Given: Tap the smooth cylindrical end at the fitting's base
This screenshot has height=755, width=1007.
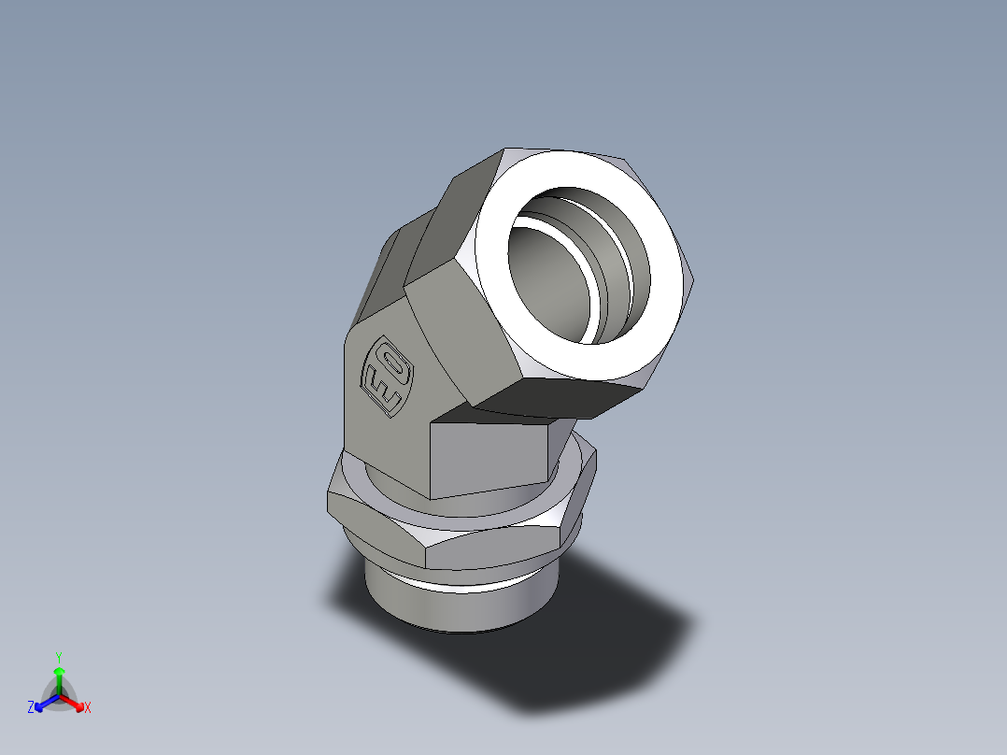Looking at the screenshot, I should tap(448, 607).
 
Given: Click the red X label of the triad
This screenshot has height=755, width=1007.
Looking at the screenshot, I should tap(88, 707).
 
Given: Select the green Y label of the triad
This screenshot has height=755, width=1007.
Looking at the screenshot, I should tap(58, 656).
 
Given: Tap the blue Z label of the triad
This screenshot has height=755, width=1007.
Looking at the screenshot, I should tap(31, 707).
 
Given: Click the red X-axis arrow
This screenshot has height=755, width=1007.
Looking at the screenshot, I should tap(75, 702).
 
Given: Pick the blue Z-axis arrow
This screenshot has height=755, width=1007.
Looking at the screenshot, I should tap(43, 702).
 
